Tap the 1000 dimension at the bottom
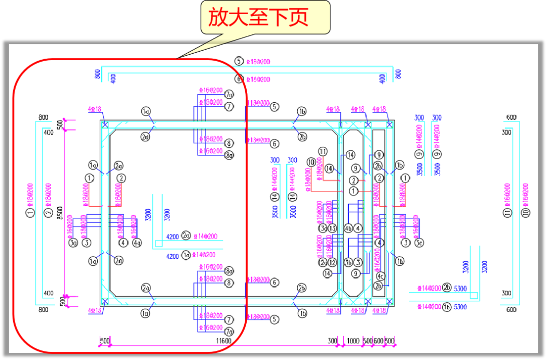(354, 341)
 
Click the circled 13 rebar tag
(332, 228)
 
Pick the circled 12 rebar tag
(332, 262)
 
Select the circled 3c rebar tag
(419, 243)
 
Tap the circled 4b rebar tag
(348, 228)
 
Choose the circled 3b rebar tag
(348, 262)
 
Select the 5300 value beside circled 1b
(460, 307)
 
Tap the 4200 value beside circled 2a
(173, 236)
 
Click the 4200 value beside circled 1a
(173, 256)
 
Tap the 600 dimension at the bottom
(378, 341)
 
